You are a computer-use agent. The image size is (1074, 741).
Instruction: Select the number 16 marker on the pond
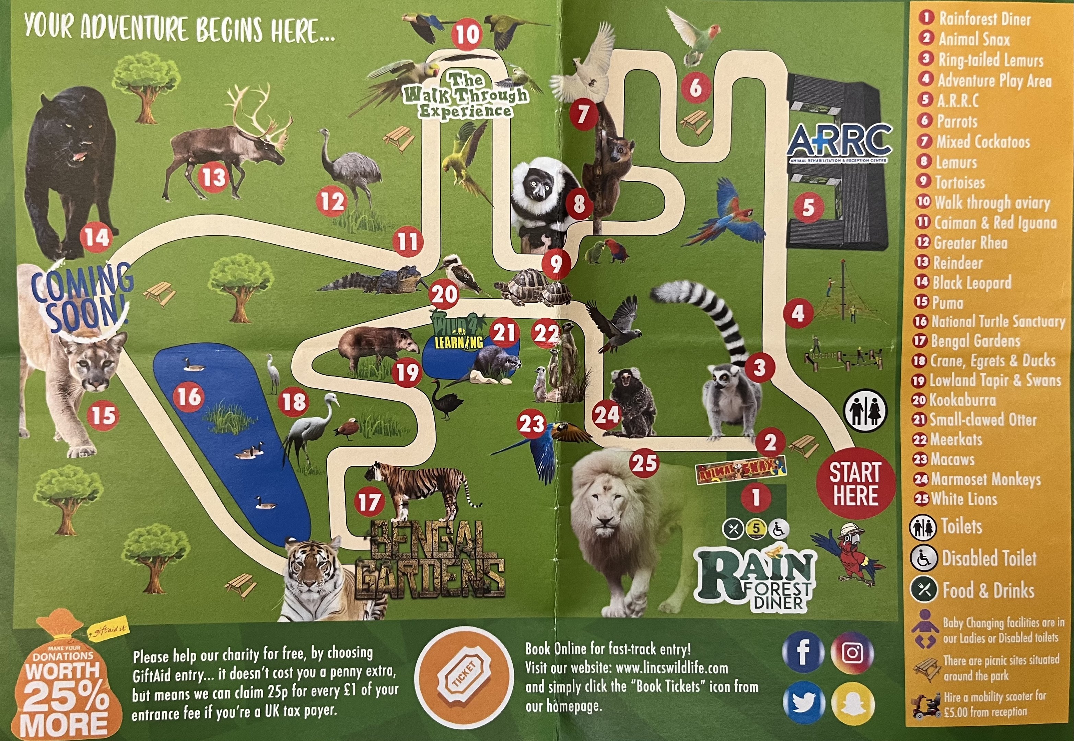(x=189, y=397)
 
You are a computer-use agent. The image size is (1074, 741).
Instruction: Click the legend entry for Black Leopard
(x=971, y=282)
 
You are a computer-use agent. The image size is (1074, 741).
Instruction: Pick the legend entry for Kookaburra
(x=962, y=400)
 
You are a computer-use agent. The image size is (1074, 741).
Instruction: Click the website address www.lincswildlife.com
(x=672, y=668)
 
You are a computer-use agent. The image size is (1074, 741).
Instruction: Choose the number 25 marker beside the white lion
(x=644, y=463)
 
